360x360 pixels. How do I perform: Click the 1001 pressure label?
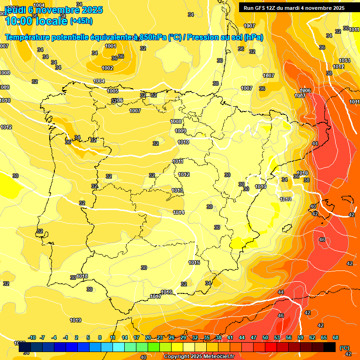111,46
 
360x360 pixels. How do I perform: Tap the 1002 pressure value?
107,68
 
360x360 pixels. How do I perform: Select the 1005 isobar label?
112,91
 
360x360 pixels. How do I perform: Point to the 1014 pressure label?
179,212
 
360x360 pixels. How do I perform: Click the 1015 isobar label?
195,262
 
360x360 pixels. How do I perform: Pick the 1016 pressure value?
166,292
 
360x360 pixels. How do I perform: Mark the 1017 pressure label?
156,296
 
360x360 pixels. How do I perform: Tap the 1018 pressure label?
82,276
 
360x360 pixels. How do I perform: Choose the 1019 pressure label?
75,320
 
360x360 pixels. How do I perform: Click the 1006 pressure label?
305,90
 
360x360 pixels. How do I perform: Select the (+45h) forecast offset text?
81,21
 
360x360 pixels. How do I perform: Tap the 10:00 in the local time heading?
18,21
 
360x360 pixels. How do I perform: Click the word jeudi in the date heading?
15,9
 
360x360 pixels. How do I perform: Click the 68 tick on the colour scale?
336,337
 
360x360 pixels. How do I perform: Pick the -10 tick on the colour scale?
32,337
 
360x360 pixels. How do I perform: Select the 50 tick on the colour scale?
265,337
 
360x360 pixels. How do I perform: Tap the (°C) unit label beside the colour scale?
345,348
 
